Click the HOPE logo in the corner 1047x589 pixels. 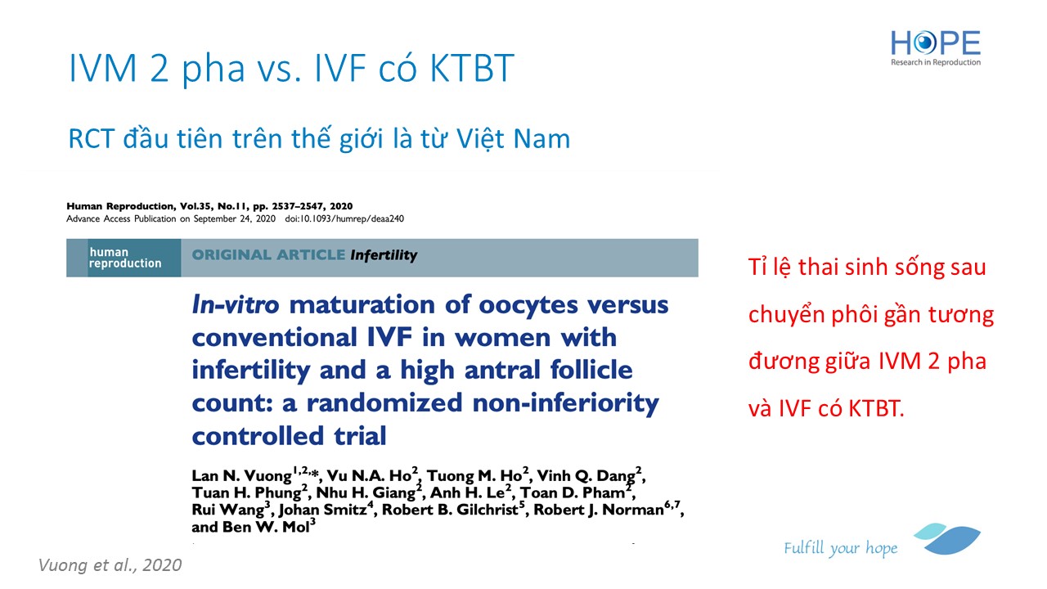pyautogui.click(x=935, y=48)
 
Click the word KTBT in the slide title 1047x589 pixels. pyautogui.click(x=472, y=68)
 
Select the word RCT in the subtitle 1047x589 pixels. pyautogui.click(x=92, y=139)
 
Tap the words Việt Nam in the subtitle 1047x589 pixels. pyautogui.click(x=513, y=139)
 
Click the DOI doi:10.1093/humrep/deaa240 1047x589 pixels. pyautogui.click(x=344, y=218)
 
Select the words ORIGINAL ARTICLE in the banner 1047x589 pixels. pyautogui.click(x=268, y=254)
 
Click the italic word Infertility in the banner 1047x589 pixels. pyautogui.click(x=384, y=255)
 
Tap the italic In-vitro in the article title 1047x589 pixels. pyautogui.click(x=236, y=305)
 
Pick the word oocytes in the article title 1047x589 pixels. pyautogui.click(x=528, y=306)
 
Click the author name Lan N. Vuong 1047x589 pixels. pyautogui.click(x=241, y=476)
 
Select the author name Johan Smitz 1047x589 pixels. pyautogui.click(x=323, y=510)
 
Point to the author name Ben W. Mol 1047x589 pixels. pyautogui.click(x=266, y=527)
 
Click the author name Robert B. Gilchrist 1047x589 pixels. pyautogui.click(x=450, y=510)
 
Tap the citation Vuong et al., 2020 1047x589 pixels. pyautogui.click(x=110, y=565)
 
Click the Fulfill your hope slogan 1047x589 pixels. pyautogui.click(x=841, y=548)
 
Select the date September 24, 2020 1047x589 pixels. pyautogui.click(x=235, y=218)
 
